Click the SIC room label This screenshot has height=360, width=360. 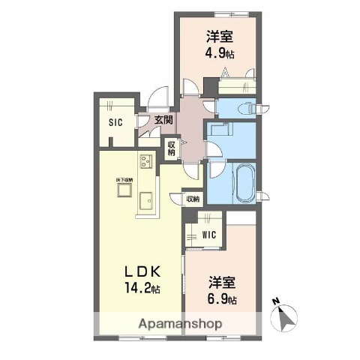click(x=115, y=122)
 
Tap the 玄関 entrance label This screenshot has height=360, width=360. click(x=164, y=119)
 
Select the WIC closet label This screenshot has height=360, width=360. click(x=210, y=235)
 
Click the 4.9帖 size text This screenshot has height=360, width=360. click(x=220, y=53)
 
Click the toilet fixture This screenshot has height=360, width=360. click(x=247, y=107)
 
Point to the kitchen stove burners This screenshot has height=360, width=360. click(x=145, y=161)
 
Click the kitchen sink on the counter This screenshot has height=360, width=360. click(x=145, y=200)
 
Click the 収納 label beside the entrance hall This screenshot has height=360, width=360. click(x=172, y=148)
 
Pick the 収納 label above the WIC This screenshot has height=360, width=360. click(x=193, y=199)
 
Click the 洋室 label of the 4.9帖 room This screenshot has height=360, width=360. click(x=220, y=36)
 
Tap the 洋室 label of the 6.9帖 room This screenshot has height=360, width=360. click(x=222, y=283)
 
